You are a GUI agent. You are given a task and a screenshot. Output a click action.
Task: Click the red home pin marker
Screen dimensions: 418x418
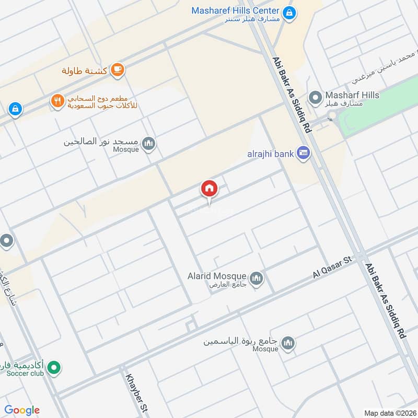[209, 189]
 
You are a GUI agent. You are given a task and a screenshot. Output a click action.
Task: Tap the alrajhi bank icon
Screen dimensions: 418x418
[303, 154]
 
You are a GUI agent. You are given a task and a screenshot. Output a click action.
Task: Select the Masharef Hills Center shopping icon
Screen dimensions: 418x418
[288, 11]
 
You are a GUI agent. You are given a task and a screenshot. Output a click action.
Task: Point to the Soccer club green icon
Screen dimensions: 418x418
[53, 368]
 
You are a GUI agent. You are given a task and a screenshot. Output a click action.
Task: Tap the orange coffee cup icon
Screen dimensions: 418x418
[118, 70]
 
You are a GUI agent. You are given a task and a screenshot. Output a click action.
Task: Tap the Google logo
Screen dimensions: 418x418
[22, 410]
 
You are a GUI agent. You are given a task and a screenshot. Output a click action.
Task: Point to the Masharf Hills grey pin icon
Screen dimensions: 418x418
[315, 97]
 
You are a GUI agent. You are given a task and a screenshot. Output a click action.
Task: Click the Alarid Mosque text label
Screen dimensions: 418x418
[217, 276]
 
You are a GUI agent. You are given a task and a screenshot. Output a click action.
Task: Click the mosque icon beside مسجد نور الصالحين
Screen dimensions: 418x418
[149, 143]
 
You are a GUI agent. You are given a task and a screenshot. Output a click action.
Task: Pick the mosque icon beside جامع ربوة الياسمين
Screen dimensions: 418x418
[287, 343]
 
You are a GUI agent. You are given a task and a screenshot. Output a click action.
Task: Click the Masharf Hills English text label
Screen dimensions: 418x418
[352, 95]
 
